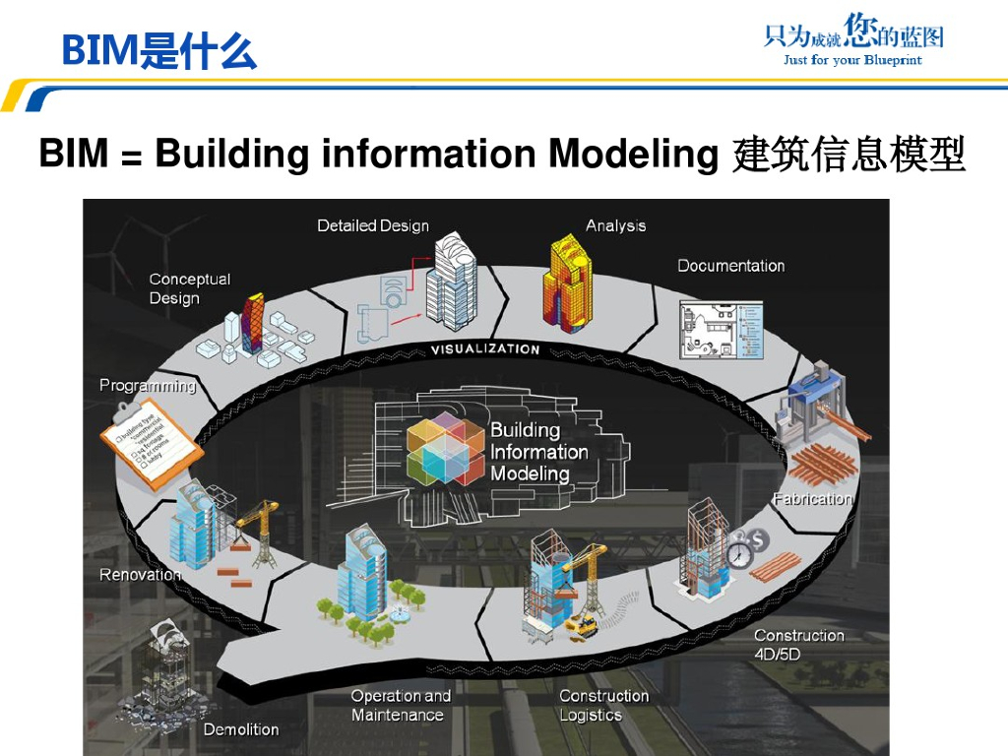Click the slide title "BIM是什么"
pos(158,50)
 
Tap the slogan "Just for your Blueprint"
pos(852,60)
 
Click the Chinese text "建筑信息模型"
pos(849,156)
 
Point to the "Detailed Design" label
pos(373,225)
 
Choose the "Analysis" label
pos(615,225)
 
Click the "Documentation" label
pos(730,266)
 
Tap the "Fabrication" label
pos(812,499)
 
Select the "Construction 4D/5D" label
pos(798,645)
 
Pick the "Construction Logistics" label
pos(603,705)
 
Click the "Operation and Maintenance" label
pos(400,705)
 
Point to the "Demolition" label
pos(240,729)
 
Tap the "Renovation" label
pos(140,574)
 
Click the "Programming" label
pos(148,386)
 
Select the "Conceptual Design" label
pos(189,288)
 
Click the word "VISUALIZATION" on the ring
pos(485,349)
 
